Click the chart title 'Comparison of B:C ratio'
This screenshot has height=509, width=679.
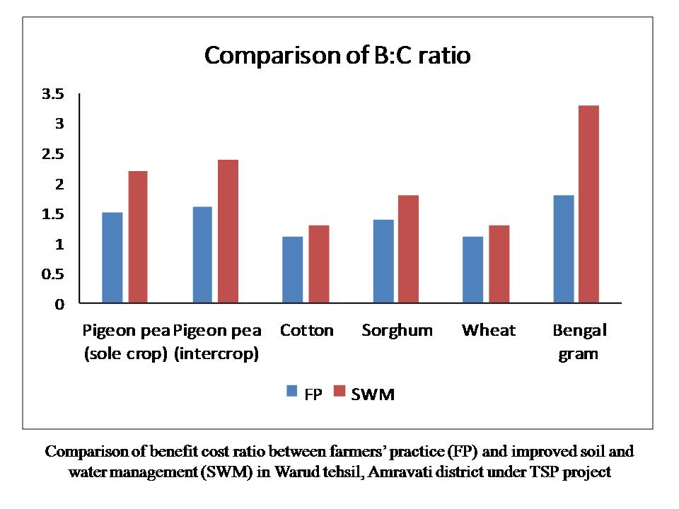click(337, 55)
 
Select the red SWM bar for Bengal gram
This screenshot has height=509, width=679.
click(589, 204)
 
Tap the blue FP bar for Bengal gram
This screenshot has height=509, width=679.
click(564, 249)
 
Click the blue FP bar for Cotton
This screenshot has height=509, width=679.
click(292, 269)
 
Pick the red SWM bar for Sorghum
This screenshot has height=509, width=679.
click(408, 249)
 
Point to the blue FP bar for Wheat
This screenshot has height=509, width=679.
click(473, 269)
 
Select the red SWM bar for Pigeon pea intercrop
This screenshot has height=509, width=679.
click(228, 231)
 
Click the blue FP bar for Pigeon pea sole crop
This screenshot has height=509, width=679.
click(112, 257)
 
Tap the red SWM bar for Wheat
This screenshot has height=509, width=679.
click(499, 264)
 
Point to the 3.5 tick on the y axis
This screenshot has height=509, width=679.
click(53, 93)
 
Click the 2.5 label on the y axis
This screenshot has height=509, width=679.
click(53, 153)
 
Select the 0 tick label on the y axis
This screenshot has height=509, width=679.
click(59, 304)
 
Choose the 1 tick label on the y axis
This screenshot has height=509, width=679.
click(59, 244)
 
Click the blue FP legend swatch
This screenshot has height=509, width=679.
click(292, 391)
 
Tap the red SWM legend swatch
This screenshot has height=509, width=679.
click(339, 391)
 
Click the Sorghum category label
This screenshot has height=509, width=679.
click(397, 331)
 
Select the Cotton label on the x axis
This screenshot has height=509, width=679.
click(306, 330)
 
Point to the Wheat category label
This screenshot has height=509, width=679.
click(489, 330)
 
